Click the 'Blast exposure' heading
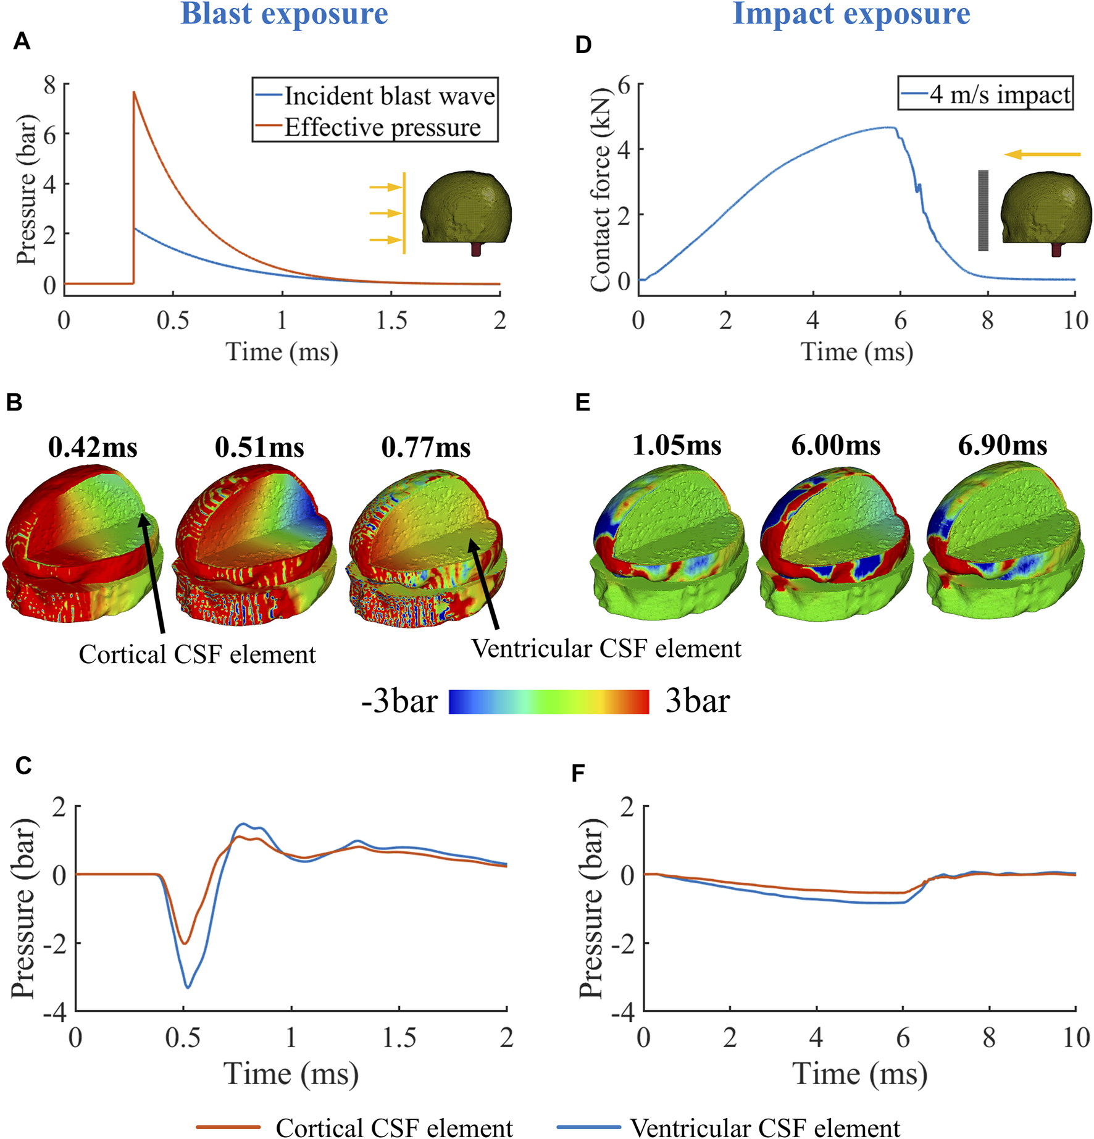point(284,14)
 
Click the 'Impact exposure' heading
point(851,14)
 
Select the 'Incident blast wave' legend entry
point(389,96)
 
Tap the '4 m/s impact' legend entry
point(1000,94)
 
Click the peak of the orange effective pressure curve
point(134,93)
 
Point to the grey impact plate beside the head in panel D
point(983,211)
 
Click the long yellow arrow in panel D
point(1042,154)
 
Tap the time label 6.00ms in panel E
point(835,445)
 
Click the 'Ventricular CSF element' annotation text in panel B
point(606,649)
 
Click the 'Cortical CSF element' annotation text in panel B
point(197,654)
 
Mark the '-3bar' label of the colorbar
point(399,702)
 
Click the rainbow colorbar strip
point(548,702)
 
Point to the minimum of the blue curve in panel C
point(188,987)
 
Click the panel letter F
point(578,773)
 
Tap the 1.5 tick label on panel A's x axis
point(391,320)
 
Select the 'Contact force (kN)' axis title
point(599,188)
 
